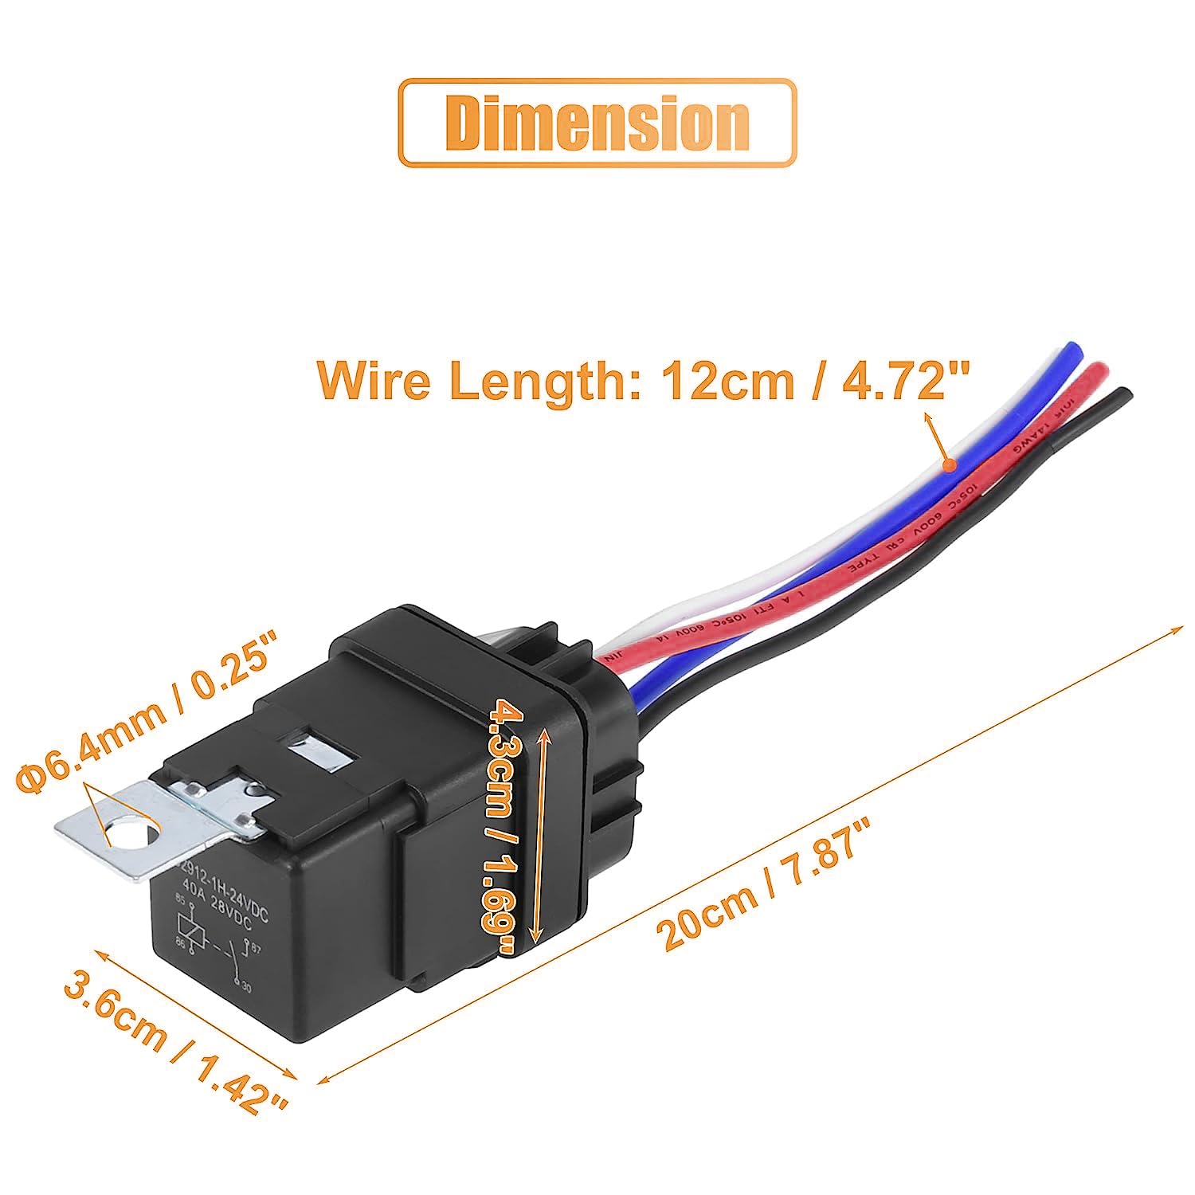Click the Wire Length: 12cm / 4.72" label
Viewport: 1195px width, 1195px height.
point(645,380)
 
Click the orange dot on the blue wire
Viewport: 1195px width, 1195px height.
point(950,464)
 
